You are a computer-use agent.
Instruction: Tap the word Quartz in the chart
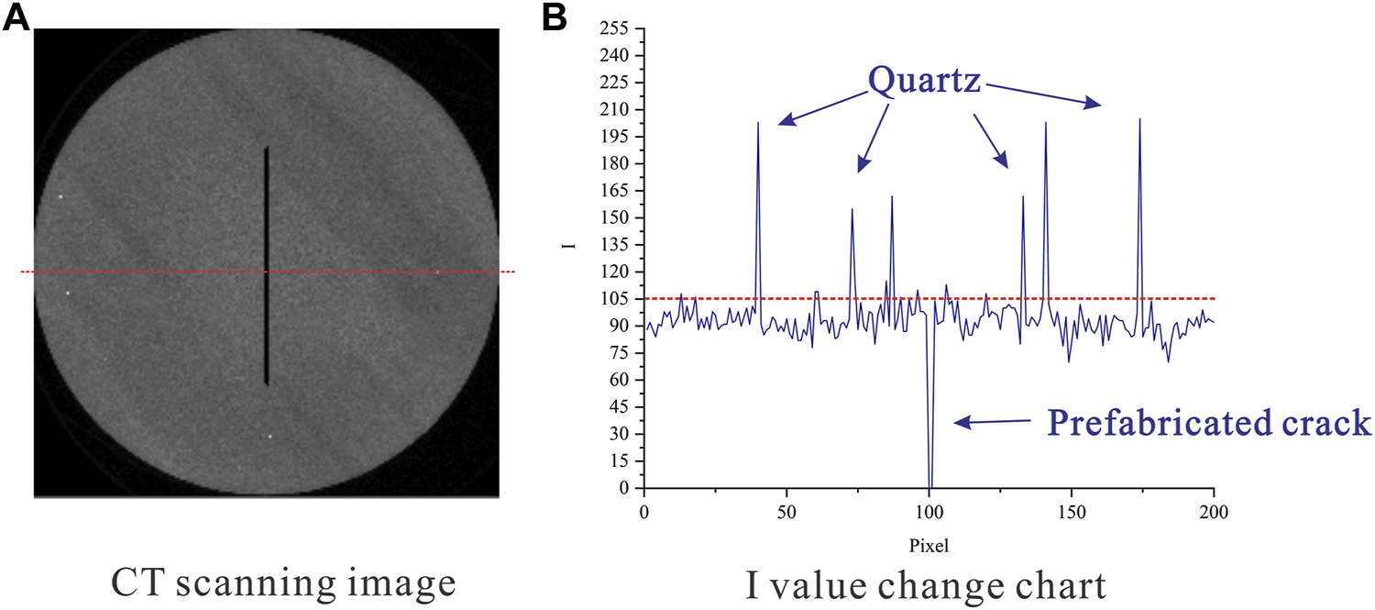[x=925, y=82]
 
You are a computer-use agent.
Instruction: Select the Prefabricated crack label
[x=1209, y=424]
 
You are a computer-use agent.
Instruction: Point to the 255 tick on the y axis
[x=616, y=28]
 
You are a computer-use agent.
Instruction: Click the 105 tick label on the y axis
[x=616, y=299]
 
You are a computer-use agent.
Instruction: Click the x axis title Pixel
[x=929, y=545]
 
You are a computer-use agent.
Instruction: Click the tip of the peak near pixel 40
[x=758, y=123]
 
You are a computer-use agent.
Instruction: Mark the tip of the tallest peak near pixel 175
[x=1139, y=119]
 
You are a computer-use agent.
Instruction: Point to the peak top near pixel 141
[x=1045, y=123]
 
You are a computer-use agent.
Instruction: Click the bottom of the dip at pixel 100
[x=930, y=486]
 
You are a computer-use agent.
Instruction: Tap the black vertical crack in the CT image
[x=267, y=266]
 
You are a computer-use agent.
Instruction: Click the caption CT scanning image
[x=283, y=582]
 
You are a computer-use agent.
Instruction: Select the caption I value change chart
[x=929, y=582]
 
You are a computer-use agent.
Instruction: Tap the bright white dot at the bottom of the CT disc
[x=270, y=437]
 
